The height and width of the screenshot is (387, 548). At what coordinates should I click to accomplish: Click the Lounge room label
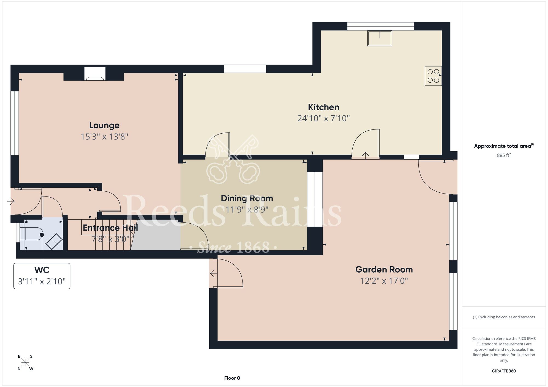click(104, 125)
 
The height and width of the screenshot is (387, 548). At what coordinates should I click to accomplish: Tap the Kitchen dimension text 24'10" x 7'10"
click(324, 118)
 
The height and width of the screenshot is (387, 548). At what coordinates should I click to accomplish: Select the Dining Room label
click(247, 198)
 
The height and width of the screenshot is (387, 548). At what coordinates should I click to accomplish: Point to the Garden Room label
click(384, 269)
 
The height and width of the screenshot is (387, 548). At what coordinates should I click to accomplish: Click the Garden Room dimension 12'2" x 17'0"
click(384, 281)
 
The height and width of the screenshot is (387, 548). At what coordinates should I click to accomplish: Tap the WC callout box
click(42, 276)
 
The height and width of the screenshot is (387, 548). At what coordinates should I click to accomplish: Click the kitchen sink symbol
click(380, 38)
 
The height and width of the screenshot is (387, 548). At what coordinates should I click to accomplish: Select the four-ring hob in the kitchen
click(433, 76)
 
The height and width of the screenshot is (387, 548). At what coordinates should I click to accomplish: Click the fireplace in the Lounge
click(95, 74)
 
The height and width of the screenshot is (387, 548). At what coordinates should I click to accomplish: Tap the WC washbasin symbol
click(54, 241)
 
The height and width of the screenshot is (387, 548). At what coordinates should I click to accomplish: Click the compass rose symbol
click(25, 363)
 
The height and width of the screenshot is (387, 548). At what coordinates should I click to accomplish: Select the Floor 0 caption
click(232, 378)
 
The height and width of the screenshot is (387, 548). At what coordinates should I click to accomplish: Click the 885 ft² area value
click(504, 155)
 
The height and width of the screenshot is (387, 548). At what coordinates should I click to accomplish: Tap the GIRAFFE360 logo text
click(504, 371)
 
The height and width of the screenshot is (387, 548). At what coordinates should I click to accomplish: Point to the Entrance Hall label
click(110, 228)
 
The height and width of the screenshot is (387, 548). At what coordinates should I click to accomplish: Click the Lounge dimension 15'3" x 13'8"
click(104, 137)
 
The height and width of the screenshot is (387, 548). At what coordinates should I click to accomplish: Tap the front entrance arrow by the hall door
click(10, 202)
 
